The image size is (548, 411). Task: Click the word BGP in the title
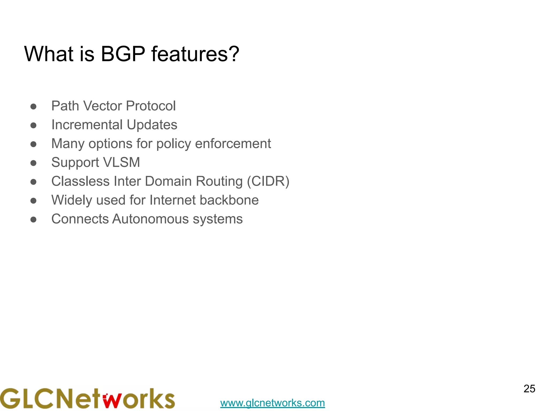coord(123,54)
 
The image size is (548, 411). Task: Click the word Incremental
coord(87,125)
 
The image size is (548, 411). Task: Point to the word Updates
coord(152,125)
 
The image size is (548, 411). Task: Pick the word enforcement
coord(233,144)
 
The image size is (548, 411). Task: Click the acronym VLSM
coord(121,162)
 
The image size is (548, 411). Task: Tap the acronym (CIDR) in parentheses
coord(268,181)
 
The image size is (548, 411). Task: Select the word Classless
coord(80,181)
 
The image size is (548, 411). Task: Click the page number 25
coord(529,389)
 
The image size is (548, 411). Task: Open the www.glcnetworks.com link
coord(272,403)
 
